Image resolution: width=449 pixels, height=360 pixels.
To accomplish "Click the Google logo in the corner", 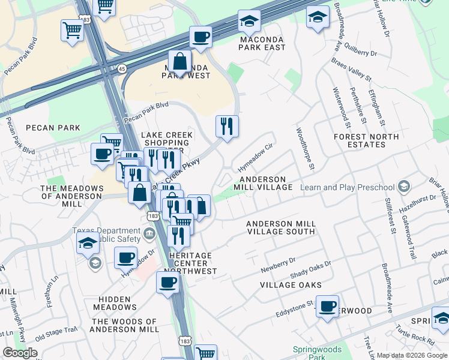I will click(20, 353).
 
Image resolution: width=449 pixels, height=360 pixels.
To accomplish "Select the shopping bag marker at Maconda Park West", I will click(179, 62).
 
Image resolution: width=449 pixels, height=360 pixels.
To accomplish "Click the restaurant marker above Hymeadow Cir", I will click(227, 127).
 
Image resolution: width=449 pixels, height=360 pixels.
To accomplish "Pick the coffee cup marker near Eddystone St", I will click(328, 307).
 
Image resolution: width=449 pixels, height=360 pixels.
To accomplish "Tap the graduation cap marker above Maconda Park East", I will click(249, 22).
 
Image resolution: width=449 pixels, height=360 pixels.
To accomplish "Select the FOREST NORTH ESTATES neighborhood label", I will click(366, 141).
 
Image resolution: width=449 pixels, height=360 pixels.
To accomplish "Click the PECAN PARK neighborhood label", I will click(53, 128).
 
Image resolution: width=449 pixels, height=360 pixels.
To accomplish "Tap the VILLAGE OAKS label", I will click(291, 285).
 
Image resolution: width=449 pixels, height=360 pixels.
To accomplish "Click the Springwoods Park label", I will click(317, 353).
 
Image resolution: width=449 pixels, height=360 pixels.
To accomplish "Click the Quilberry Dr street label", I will click(358, 53).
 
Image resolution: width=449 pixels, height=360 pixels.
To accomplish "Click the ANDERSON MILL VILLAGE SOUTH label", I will click(281, 227).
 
